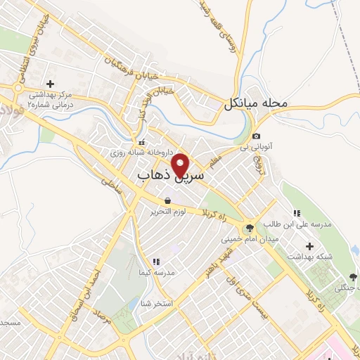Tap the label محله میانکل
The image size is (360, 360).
point(257,104)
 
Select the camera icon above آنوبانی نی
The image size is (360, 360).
point(256,136)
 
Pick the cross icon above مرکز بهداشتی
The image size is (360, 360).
point(49,84)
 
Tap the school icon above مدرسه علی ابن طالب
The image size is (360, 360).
point(296,213)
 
